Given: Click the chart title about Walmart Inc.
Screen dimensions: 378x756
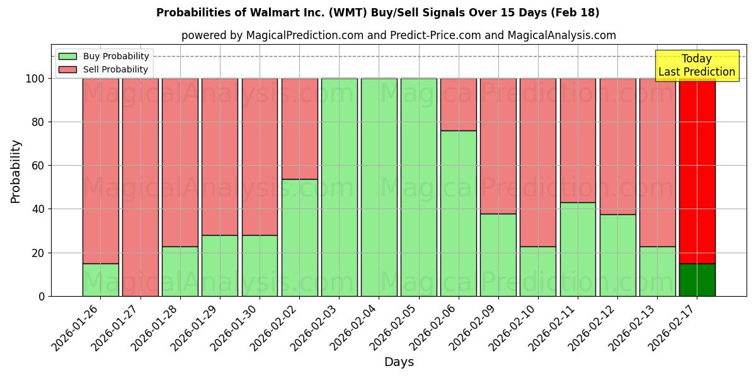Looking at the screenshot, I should click(377, 13).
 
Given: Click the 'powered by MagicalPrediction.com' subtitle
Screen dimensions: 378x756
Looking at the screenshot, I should click(398, 35).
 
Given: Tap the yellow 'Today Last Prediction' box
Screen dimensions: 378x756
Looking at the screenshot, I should click(696, 66).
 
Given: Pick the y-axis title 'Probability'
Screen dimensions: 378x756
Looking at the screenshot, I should click(16, 171).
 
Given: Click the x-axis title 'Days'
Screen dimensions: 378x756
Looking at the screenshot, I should click(399, 362).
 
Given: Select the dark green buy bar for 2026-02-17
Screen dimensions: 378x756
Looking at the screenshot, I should click(697, 280).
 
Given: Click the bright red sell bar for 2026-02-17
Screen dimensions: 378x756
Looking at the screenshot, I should click(697, 170).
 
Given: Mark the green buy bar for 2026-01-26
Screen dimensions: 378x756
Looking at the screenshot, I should click(101, 280).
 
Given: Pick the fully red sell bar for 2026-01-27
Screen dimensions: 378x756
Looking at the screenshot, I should click(140, 187).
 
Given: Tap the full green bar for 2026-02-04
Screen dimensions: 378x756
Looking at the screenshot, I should click(379, 187).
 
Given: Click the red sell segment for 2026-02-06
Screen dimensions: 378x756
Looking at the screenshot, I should click(459, 105).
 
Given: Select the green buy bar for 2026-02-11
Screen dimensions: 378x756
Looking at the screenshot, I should click(578, 249).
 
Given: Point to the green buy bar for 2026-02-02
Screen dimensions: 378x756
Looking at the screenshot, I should click(299, 238).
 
